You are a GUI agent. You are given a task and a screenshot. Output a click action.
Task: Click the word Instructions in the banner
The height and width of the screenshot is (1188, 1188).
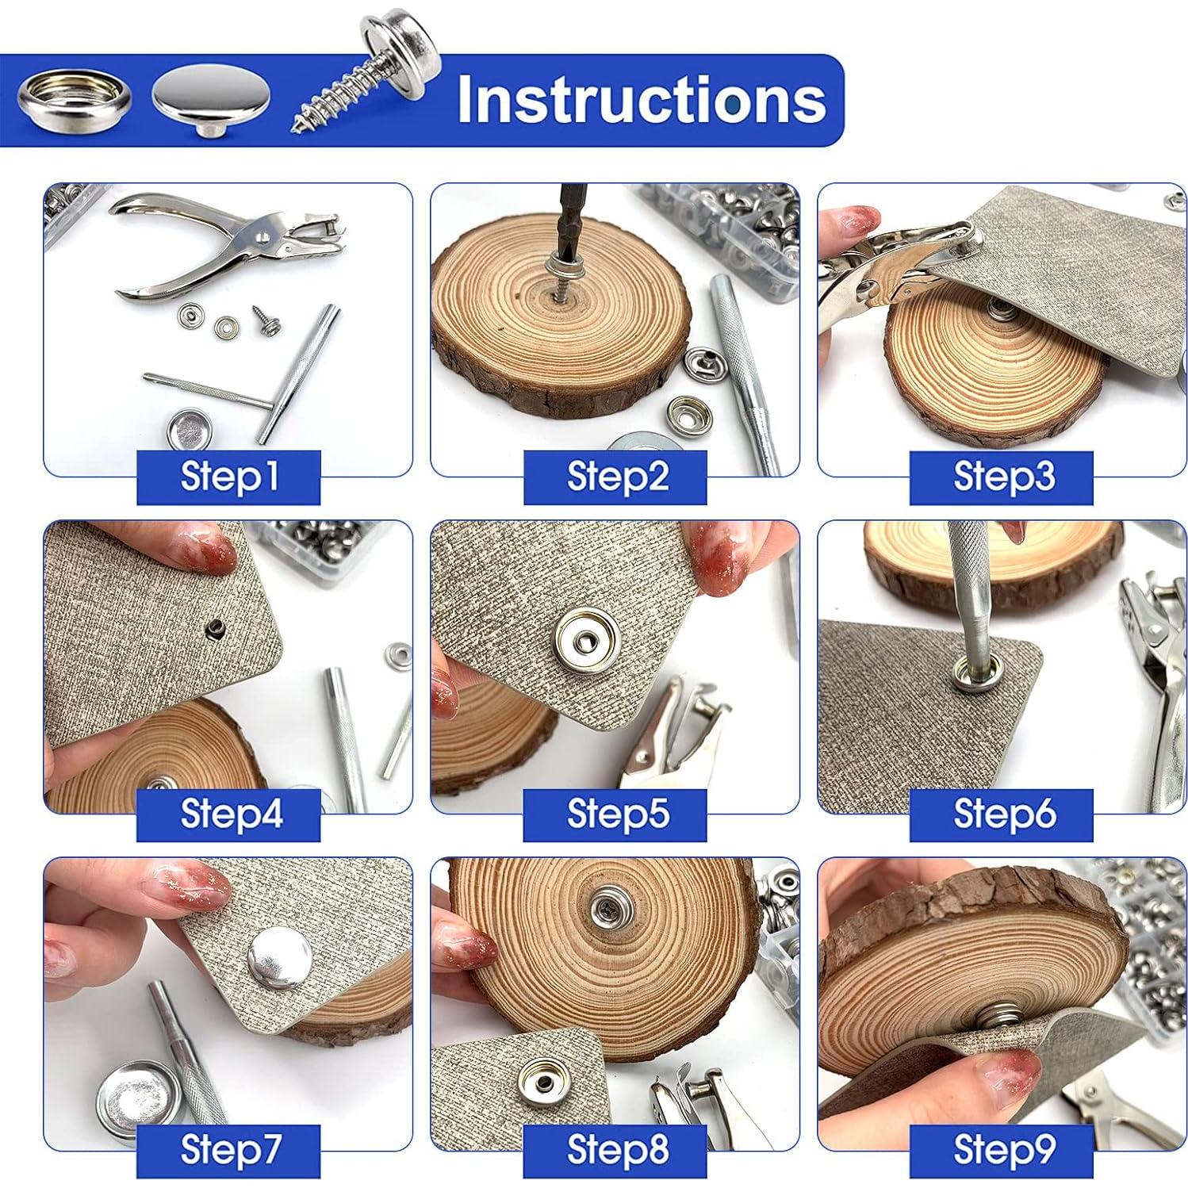coord(641,99)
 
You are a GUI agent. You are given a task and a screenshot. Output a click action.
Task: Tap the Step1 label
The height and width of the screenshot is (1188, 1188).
coord(228,477)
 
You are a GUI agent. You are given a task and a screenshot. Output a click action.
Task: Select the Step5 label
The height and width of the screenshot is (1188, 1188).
coord(615,814)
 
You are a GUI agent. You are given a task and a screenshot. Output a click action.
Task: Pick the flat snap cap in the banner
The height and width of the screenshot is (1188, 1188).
coord(211,101)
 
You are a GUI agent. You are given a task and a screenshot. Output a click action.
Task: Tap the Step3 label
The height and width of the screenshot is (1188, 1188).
coord(1002,477)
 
